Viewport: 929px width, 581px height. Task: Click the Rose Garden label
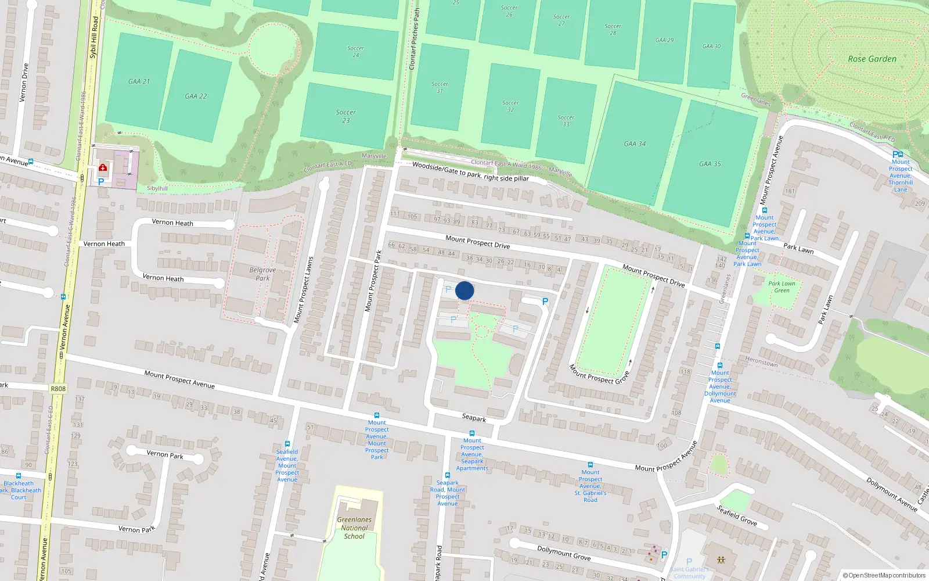(x=872, y=59)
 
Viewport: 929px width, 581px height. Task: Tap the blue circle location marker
(x=464, y=290)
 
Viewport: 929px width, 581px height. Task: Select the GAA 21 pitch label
(x=139, y=81)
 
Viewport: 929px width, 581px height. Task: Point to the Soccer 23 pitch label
(x=345, y=116)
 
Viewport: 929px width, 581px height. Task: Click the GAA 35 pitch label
(x=710, y=164)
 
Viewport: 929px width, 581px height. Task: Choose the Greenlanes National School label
(x=354, y=528)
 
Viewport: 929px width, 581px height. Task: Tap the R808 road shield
(x=58, y=389)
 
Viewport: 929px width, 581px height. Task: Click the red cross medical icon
(x=103, y=168)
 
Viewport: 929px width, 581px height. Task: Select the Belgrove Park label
(x=262, y=274)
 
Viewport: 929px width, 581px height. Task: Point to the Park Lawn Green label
(x=782, y=287)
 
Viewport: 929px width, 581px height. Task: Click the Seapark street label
(x=474, y=418)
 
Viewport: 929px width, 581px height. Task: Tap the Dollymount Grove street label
(x=563, y=553)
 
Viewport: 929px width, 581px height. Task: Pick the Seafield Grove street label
(x=736, y=515)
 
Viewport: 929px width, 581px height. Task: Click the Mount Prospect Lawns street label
(x=303, y=290)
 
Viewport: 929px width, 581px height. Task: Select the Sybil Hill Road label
(x=94, y=37)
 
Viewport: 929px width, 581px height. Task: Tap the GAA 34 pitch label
(x=635, y=144)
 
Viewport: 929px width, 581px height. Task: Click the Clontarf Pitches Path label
(x=414, y=40)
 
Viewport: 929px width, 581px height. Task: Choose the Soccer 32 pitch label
(x=510, y=106)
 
